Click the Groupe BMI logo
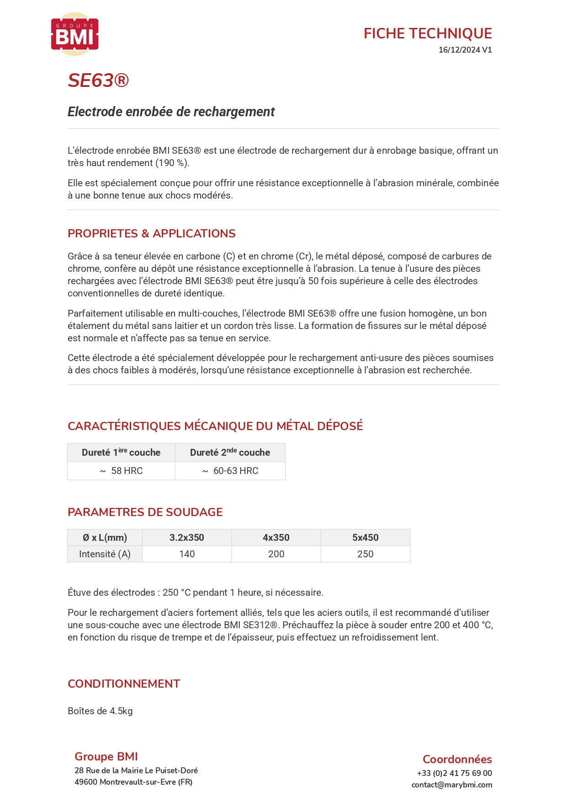(74, 34)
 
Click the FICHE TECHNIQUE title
(428, 33)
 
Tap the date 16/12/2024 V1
(465, 50)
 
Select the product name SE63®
(98, 81)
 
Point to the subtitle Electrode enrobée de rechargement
(171, 112)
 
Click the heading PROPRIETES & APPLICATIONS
(151, 233)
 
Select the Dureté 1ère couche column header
(121, 453)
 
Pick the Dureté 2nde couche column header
(230, 453)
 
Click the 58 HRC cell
(122, 471)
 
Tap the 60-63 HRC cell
(230, 471)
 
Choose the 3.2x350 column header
(187, 538)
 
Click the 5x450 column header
(366, 538)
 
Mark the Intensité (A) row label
(105, 554)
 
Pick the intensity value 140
(187, 554)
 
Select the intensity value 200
(276, 554)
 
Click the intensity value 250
(366, 554)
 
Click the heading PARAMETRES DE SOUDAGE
(145, 512)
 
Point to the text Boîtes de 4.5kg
(100, 711)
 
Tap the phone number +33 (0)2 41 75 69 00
(454, 773)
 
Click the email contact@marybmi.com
(451, 785)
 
